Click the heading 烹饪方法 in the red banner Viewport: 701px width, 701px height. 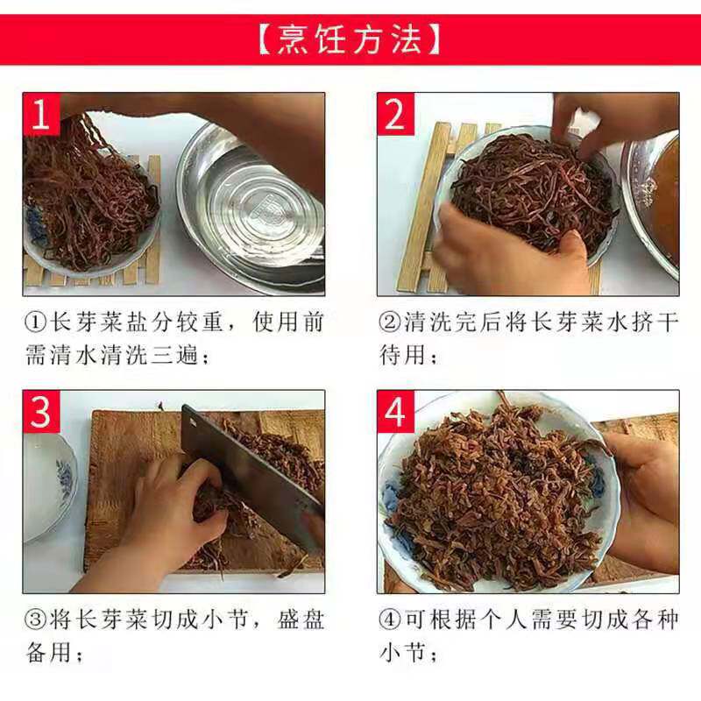(350, 40)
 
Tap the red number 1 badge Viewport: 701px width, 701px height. (41, 114)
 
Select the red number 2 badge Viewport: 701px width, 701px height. (395, 114)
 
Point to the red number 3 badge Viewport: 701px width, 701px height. (41, 412)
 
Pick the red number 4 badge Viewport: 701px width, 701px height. (395, 412)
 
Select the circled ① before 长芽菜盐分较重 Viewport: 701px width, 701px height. (36, 322)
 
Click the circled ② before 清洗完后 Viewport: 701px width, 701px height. (390, 322)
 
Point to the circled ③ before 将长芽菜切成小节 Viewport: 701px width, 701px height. (36, 620)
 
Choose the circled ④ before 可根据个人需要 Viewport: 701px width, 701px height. (390, 620)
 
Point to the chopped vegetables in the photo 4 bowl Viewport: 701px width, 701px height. (492, 492)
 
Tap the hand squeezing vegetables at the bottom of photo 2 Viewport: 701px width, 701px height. (510, 251)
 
